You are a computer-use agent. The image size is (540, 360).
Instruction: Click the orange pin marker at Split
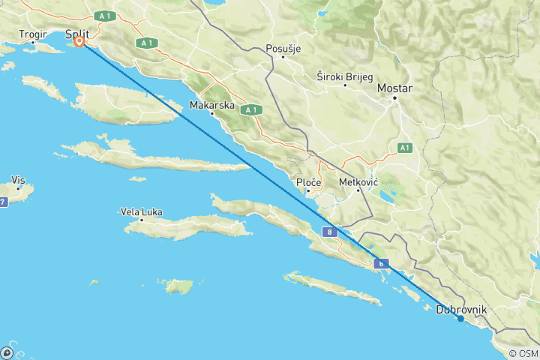(79, 43)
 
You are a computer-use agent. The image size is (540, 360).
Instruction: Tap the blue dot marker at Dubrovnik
(460, 319)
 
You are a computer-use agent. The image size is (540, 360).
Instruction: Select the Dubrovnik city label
(462, 309)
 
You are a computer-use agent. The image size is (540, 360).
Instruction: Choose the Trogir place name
(33, 34)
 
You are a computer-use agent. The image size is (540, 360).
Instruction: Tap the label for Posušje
(283, 49)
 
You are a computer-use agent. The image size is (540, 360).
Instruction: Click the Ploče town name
(309, 182)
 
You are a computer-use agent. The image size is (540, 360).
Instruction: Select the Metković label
(358, 181)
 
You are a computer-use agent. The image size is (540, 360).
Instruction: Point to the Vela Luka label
(141, 212)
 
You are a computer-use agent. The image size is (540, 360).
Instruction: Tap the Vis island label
(19, 180)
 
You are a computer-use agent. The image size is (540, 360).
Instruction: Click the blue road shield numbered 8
(330, 233)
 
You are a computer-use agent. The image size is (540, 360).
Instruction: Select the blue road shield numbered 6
(382, 263)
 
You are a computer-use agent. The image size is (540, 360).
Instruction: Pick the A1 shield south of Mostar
(405, 148)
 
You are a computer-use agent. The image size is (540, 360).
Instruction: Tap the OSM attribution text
(523, 354)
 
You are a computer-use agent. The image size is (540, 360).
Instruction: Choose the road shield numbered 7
(3, 202)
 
